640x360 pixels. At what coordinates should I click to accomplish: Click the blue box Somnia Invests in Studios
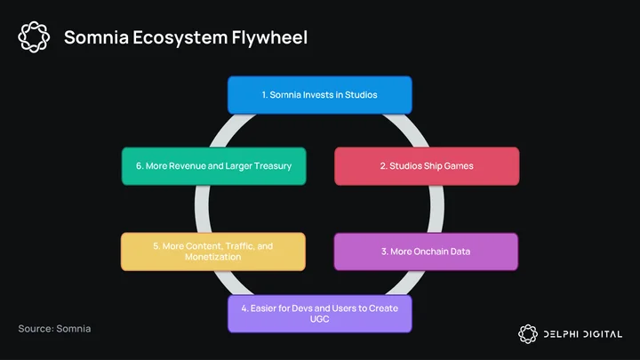[320, 95]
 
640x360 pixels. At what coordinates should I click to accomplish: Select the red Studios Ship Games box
[427, 166]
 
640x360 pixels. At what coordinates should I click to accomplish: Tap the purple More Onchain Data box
[426, 252]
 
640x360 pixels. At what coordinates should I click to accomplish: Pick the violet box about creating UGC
[320, 314]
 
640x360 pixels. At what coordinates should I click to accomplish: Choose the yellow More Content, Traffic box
[213, 252]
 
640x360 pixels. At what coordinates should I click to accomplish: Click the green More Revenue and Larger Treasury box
[214, 166]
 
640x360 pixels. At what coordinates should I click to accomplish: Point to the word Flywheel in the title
[269, 37]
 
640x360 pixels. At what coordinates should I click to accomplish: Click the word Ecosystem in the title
[180, 37]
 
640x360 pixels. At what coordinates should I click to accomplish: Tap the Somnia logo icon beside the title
[34, 37]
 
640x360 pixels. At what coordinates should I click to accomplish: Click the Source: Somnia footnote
[54, 329]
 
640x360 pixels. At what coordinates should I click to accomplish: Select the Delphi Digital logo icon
[528, 334]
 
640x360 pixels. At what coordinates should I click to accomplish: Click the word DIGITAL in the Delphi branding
[603, 334]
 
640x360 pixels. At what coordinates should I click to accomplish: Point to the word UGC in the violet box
[320, 319]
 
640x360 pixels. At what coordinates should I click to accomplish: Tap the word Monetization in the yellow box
[212, 257]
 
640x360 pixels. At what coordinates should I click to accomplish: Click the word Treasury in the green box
[273, 166]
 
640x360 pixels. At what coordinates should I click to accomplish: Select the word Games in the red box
[459, 165]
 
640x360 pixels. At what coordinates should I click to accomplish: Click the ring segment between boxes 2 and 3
[436, 209]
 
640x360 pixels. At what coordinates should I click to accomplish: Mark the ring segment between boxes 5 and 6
[203, 209]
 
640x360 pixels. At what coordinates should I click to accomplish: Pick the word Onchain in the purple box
[430, 252]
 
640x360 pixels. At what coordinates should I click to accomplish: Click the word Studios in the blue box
[361, 95]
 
